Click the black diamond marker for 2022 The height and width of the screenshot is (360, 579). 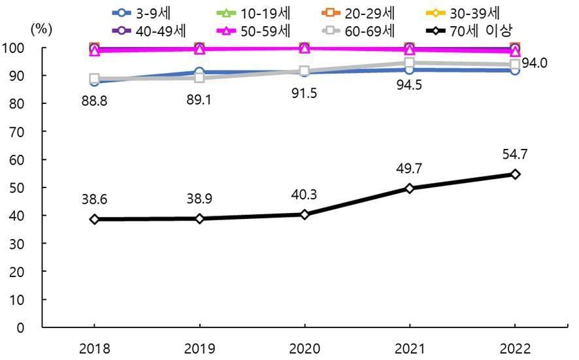515,174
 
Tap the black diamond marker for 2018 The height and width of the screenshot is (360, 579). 94,220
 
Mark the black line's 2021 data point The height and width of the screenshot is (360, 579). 410,188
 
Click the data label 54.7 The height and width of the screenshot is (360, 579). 515,155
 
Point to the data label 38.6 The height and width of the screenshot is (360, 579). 94,199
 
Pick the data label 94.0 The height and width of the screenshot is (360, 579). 534,63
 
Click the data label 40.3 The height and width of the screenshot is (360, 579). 305,195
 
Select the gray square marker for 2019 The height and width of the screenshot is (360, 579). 199,78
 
